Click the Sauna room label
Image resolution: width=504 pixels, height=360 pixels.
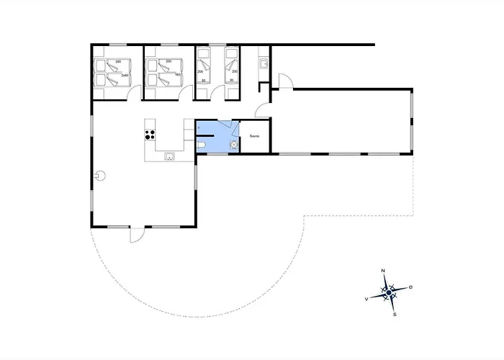click(254, 135)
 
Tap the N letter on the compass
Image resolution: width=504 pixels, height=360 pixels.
click(383, 271)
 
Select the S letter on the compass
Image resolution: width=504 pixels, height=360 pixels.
click(395, 314)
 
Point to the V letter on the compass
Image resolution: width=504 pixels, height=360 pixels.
click(367, 298)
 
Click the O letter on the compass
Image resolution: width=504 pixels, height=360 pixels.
click(410, 287)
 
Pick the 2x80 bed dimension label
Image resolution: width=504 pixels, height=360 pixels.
click(125, 75)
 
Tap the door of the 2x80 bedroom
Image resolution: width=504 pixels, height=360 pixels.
click(129, 91)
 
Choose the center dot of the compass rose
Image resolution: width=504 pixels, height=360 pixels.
click(389, 292)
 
